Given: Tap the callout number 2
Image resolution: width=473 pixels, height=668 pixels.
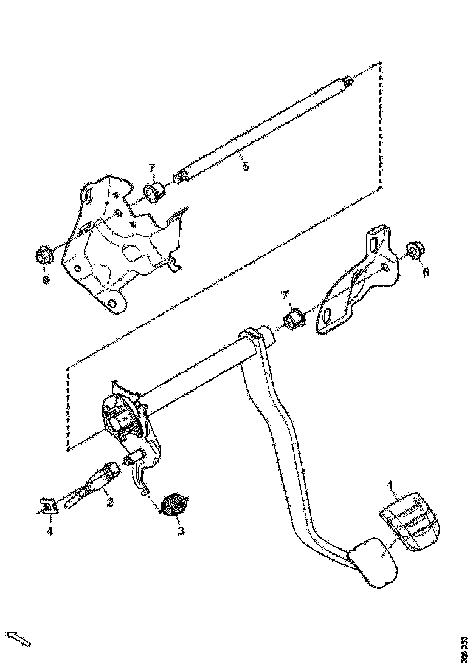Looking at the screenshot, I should [x=110, y=502].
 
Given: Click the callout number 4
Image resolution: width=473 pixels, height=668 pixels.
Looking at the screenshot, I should [x=50, y=531].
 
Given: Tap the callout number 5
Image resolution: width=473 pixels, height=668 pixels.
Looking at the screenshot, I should [x=245, y=166].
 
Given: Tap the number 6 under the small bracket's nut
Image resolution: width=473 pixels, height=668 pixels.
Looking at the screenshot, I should [x=425, y=273].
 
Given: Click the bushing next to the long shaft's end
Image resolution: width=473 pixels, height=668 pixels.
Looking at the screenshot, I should [x=152, y=193].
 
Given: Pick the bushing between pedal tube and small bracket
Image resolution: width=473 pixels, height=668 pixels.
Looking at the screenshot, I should [x=295, y=319].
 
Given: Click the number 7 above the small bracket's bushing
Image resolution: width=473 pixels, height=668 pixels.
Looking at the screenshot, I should [x=285, y=295].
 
